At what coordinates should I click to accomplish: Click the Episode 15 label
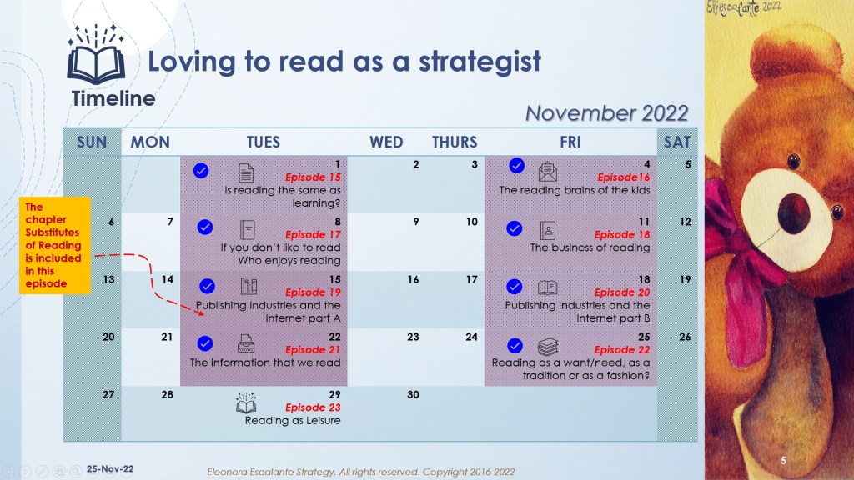[x=313, y=177]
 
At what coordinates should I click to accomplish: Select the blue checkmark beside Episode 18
[x=514, y=228]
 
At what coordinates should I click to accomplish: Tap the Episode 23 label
[x=313, y=407]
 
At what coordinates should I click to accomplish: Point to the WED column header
[x=386, y=142]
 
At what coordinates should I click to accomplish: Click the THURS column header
[x=455, y=142]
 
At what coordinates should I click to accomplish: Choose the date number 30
[x=414, y=394]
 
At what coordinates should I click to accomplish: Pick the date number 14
[x=167, y=279]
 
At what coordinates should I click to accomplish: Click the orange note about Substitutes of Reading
[x=54, y=246]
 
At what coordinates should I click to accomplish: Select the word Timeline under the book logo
[x=113, y=98]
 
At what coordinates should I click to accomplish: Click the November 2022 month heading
[x=607, y=113]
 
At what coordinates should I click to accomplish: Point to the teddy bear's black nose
[x=794, y=212]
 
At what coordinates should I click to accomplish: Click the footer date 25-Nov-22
[x=110, y=468]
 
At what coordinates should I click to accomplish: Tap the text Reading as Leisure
[x=293, y=420]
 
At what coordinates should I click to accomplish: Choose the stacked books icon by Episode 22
[x=548, y=347]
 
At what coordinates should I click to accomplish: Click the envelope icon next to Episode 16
[x=547, y=172]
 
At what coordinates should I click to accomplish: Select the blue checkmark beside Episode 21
[x=205, y=343]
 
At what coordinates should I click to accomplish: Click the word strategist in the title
[x=480, y=62]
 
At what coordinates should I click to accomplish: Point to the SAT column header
[x=677, y=142]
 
